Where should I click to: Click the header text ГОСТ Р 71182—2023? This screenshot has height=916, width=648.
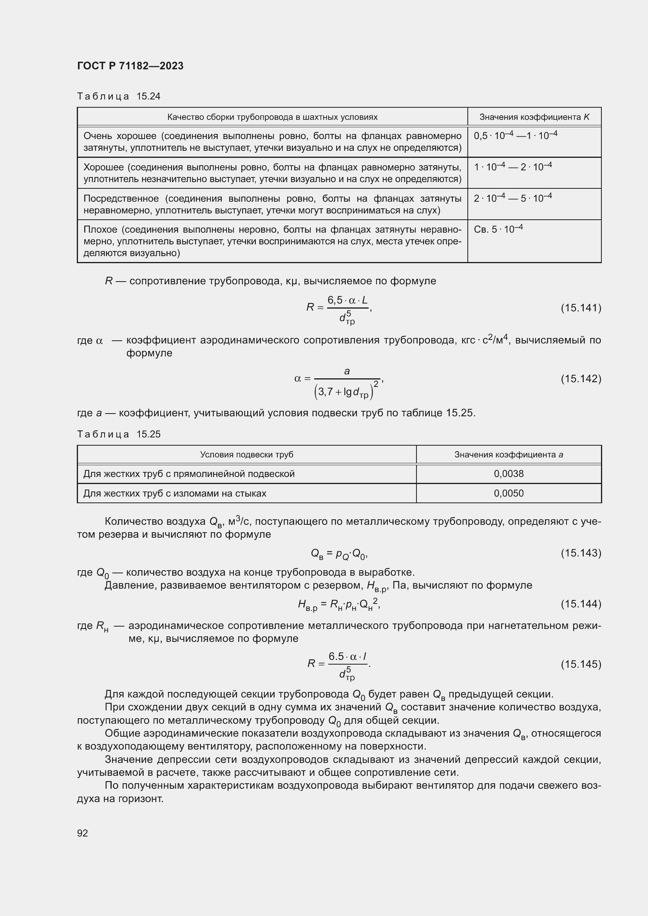[130, 66]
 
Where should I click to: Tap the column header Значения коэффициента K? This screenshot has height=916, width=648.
[534, 117]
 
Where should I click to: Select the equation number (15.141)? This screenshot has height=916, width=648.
[581, 307]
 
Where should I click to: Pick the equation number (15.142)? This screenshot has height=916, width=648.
[581, 378]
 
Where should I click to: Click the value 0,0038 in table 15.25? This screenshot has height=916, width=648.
[509, 473]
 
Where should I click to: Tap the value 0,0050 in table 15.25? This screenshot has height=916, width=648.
[509, 493]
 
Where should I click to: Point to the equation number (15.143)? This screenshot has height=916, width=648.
[581, 553]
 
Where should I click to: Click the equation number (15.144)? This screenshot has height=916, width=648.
[581, 603]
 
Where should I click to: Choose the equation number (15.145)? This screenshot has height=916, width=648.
[581, 664]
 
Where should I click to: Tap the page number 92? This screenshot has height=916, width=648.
[83, 833]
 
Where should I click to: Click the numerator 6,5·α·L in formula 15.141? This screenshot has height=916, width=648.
[347, 300]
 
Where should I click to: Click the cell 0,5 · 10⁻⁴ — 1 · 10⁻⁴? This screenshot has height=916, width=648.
[515, 136]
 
